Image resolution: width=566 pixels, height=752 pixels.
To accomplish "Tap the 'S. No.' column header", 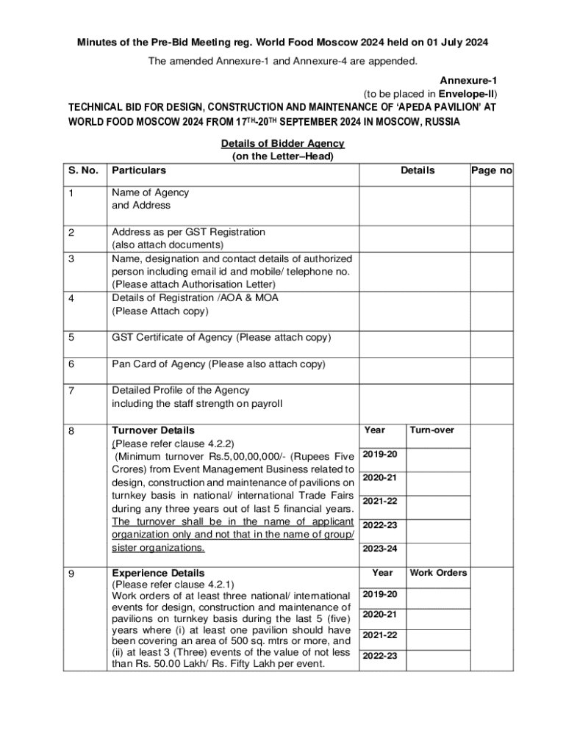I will (83, 170).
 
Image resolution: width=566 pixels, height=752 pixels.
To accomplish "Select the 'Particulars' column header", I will (139, 170).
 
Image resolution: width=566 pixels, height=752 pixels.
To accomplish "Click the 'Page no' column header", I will (491, 170).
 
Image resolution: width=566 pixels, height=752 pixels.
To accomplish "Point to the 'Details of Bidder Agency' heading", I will (283, 144).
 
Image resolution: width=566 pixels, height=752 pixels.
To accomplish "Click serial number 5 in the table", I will (71, 338).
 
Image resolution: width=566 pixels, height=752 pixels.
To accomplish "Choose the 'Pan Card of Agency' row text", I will (218, 364).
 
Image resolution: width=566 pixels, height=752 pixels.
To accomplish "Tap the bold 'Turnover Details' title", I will (153, 430).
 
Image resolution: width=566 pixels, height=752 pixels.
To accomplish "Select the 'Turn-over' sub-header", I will (432, 430).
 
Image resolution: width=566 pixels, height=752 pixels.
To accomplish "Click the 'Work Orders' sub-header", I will (438, 573).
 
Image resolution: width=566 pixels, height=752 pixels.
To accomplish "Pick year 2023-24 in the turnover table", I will (380, 549).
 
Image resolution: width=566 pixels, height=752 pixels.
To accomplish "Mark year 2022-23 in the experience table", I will (380, 656).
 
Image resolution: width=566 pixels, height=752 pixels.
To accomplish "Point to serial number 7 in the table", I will (71, 391).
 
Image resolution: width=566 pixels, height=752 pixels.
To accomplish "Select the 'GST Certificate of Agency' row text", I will (221, 338).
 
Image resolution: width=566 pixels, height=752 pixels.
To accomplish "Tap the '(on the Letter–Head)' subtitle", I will (283, 156).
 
